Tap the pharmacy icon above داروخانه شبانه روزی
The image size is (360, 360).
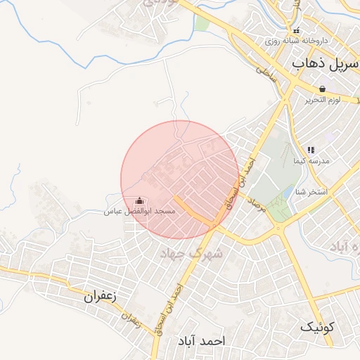click(x=296, y=30)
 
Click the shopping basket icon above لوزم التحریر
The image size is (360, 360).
click(x=322, y=89)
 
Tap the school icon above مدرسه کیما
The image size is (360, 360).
click(x=311, y=150)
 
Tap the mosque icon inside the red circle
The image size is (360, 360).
click(x=139, y=200)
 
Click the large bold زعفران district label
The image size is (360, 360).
click(x=99, y=296)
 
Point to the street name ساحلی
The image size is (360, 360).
click(x=266, y=70)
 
